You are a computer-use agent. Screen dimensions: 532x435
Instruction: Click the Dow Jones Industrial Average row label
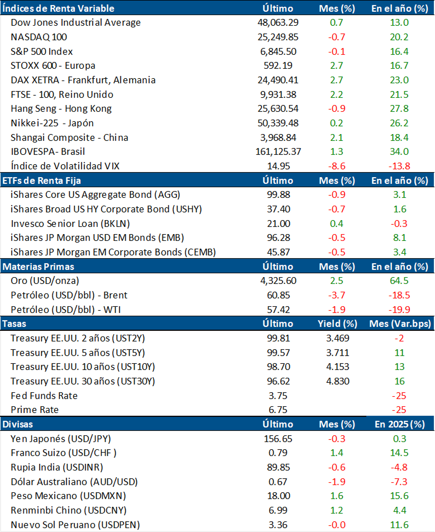click(x=75, y=23)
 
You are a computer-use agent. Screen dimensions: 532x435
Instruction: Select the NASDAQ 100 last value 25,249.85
click(x=278, y=37)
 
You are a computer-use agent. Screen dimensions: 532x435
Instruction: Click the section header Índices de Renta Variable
click(x=59, y=8)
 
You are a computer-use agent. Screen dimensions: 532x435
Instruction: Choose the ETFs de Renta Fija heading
click(x=40, y=180)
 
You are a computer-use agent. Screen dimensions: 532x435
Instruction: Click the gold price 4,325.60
click(x=278, y=281)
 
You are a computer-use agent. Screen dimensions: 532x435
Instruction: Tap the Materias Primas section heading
click(x=39, y=267)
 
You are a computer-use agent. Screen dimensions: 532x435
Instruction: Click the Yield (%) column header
click(x=337, y=324)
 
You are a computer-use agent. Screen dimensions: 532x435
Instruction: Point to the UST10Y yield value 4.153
click(x=337, y=367)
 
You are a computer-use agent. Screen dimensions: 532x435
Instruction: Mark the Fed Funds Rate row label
click(x=44, y=396)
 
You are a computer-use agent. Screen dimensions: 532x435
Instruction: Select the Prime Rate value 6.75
click(x=278, y=410)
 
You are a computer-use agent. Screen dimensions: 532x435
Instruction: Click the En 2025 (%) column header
click(x=399, y=424)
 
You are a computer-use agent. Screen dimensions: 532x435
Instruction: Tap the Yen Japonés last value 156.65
click(x=278, y=439)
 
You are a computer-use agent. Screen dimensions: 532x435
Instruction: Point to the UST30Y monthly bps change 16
click(x=399, y=381)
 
